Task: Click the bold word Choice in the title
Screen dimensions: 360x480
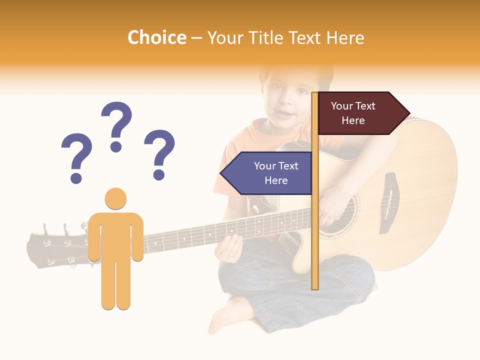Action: pyautogui.click(x=156, y=38)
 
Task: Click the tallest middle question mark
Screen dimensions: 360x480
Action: pyautogui.click(x=116, y=125)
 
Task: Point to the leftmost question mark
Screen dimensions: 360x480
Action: pyautogui.click(x=76, y=156)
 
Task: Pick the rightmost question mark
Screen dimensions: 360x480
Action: pyautogui.click(x=159, y=153)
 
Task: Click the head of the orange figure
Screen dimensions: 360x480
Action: pyautogui.click(x=115, y=198)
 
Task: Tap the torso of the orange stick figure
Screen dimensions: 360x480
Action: pyautogui.click(x=115, y=235)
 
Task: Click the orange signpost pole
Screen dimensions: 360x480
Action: pyautogui.click(x=315, y=240)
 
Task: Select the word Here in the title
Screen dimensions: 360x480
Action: pyautogui.click(x=345, y=38)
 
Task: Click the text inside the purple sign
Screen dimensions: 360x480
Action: pyautogui.click(x=275, y=173)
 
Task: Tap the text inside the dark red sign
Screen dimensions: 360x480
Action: pyautogui.click(x=353, y=113)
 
